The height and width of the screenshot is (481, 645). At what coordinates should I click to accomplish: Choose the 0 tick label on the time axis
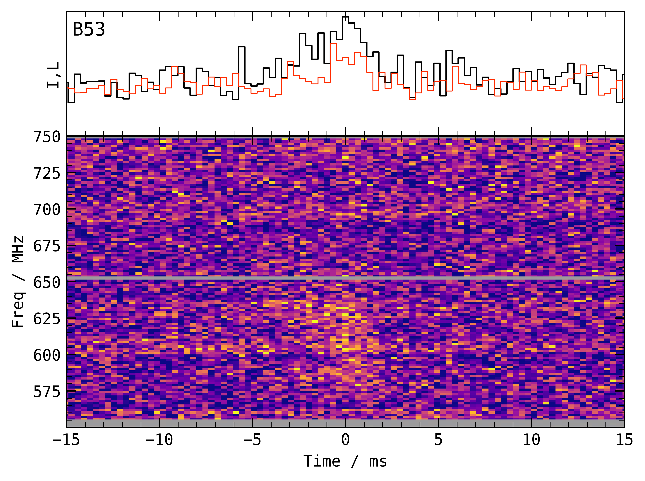click(x=345, y=440)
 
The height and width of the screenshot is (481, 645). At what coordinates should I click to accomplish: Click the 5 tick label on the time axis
click(x=439, y=440)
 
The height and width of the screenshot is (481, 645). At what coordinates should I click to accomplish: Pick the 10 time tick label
click(x=531, y=440)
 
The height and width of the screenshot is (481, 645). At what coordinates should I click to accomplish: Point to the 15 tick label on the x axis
click(x=624, y=440)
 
